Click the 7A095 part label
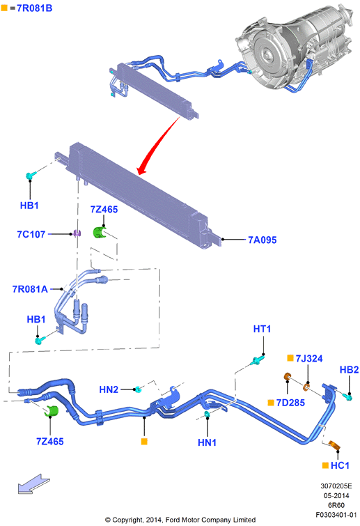point(262,240)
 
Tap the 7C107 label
point(31,234)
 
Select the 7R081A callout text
point(30,289)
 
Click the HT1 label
point(262,329)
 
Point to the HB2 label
point(350,370)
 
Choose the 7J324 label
point(309,358)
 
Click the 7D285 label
point(290,403)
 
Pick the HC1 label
point(340,465)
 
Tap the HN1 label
point(207,442)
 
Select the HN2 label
point(109,389)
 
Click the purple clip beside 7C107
point(77,233)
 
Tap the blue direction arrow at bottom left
point(33,484)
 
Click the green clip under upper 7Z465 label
point(99,233)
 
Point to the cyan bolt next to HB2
point(347,397)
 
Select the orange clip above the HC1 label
point(335,445)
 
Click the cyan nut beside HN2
point(138,389)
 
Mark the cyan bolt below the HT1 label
point(257,361)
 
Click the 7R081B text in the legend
point(35,8)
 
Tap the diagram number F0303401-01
point(336,515)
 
